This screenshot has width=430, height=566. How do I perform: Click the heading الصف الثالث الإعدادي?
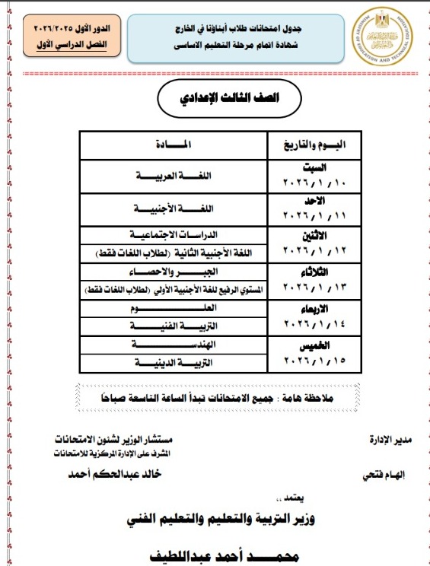pos(216,100)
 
